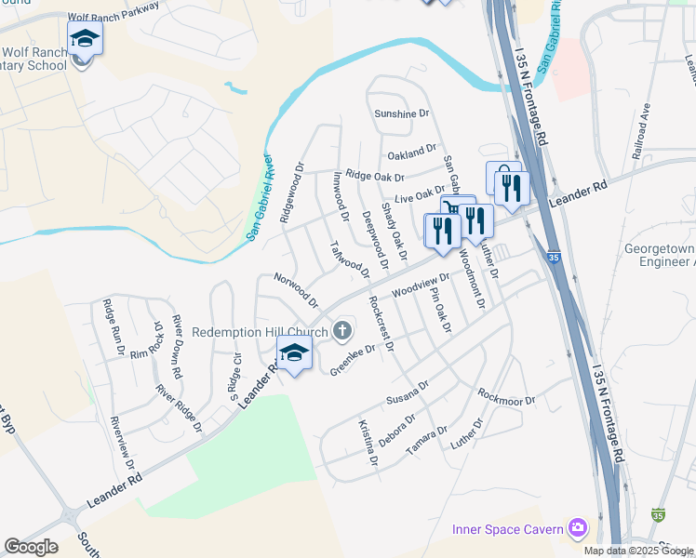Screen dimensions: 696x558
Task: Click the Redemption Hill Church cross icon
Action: (x=342, y=330)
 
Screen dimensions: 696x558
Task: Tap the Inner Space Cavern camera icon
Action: (x=579, y=528)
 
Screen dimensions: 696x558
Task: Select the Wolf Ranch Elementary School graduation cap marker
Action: (x=85, y=39)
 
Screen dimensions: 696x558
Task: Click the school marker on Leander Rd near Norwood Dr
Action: (x=294, y=353)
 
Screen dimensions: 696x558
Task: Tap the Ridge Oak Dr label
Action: (x=375, y=176)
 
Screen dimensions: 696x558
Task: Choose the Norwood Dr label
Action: (x=296, y=290)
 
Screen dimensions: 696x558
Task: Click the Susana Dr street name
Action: (x=408, y=395)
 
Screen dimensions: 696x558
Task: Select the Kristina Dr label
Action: (x=368, y=442)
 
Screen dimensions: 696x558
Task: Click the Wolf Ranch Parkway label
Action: (x=113, y=10)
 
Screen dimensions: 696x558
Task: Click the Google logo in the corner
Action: (x=31, y=547)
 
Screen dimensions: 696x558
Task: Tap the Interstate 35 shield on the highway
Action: (x=554, y=257)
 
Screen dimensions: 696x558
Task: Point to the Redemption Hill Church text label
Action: (x=261, y=332)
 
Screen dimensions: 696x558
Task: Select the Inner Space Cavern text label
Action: (x=507, y=529)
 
